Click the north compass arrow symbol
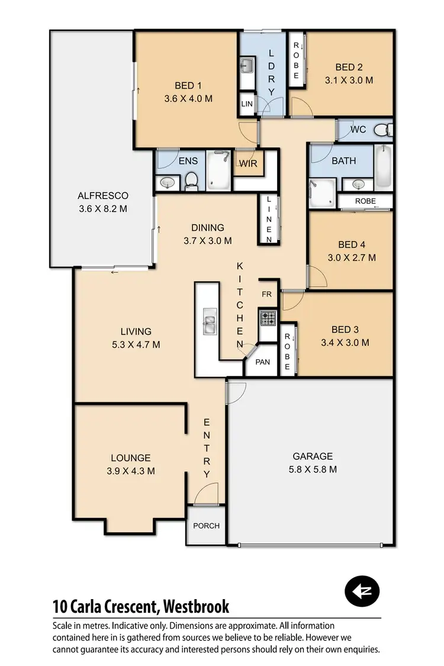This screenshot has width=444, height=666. coord(362,591)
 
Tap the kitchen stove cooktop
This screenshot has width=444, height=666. coord(268,318)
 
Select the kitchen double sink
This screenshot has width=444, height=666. coord(210,320)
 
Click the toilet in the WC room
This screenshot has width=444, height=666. coord(385,129)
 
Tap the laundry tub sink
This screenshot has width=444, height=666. coord(247,65)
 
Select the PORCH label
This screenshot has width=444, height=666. coord(206,526)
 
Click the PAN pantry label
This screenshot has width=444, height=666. coord(262,362)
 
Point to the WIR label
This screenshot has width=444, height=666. coord(249,163)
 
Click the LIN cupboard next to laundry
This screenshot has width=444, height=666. coord(247,105)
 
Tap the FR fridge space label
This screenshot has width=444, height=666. coord(266,294)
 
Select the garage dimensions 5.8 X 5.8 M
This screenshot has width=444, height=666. coord(313,469)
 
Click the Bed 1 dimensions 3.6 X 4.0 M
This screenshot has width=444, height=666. coord(188,99)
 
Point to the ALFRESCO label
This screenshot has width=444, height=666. coord(103,195)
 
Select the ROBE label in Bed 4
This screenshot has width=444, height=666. coord(365,201)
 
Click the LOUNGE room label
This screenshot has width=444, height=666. coord(131,458)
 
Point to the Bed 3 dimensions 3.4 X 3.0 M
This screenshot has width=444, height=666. coord(345,342)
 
